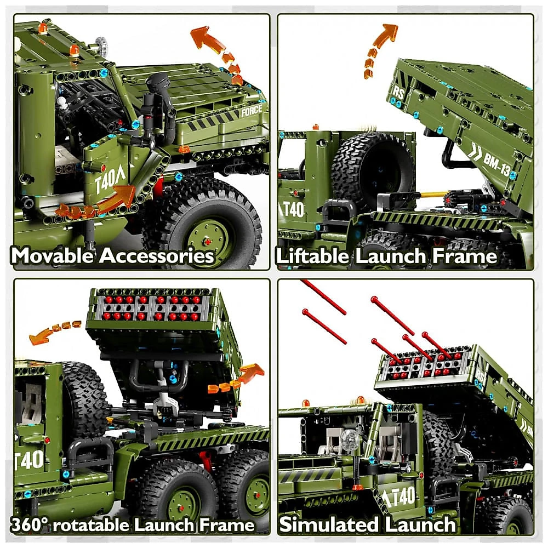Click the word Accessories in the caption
pos(157,255)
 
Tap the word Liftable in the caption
pos(312,256)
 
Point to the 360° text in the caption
pos(30,525)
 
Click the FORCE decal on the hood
pos(252,111)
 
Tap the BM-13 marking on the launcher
pos(496,164)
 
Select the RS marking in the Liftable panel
pos(399,93)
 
